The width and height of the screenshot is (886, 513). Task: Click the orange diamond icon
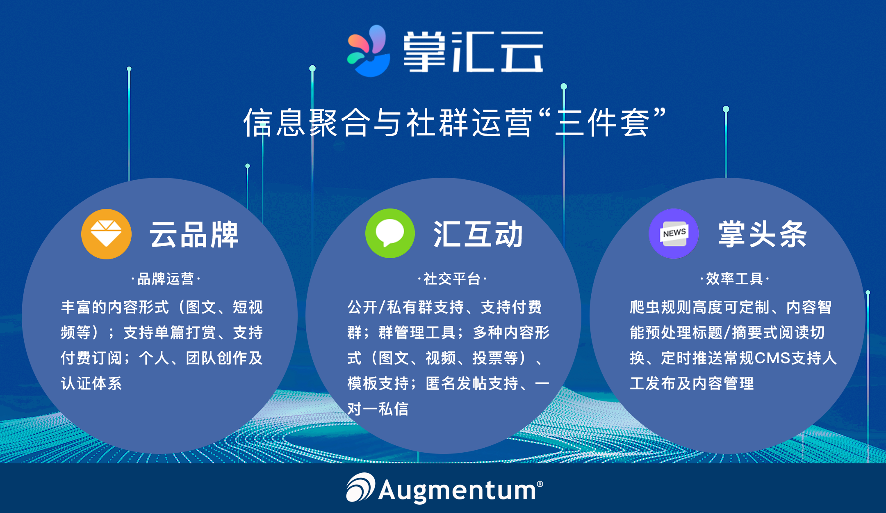(x=106, y=234)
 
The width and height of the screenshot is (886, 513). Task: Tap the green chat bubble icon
(x=390, y=233)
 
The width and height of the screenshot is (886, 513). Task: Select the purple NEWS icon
(x=674, y=234)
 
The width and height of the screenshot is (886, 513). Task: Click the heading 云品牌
(x=194, y=234)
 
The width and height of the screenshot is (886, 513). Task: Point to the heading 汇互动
(x=478, y=234)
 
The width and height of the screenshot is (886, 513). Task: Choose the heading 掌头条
(x=762, y=234)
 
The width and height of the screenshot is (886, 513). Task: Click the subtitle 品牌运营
(x=165, y=279)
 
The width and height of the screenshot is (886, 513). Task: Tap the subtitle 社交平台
(x=452, y=279)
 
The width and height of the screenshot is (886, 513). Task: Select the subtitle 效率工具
(x=734, y=279)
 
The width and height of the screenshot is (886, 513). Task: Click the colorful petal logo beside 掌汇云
(x=369, y=51)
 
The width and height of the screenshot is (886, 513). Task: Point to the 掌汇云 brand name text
(x=474, y=52)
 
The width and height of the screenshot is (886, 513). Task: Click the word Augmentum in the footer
(x=457, y=490)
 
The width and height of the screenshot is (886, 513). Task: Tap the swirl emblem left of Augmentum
(x=360, y=487)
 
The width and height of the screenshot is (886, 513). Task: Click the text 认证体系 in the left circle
(x=91, y=384)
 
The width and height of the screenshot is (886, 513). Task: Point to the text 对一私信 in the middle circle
(x=378, y=409)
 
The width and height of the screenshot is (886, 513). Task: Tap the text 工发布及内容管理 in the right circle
(x=692, y=384)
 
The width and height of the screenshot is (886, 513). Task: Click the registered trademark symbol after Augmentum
(x=540, y=484)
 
